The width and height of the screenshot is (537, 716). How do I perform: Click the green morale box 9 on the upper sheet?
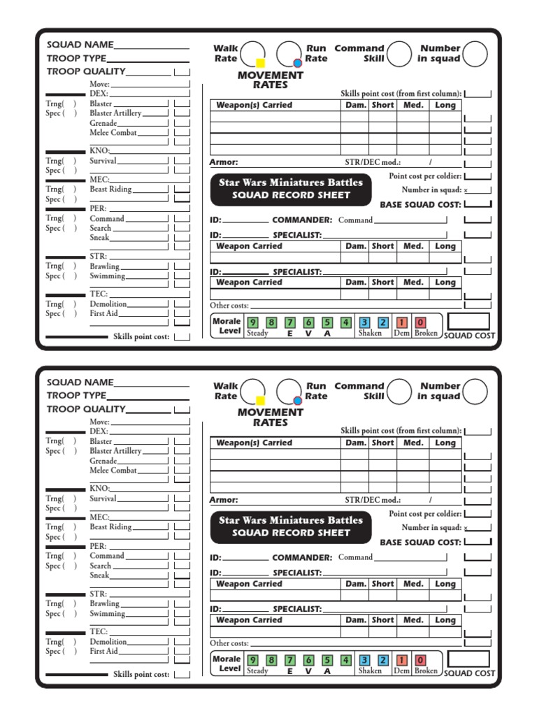[252, 322]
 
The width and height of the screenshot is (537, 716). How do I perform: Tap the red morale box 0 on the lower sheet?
[420, 660]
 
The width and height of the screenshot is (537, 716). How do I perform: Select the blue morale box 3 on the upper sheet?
[364, 322]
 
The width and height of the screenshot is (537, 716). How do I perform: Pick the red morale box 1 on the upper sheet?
[402, 322]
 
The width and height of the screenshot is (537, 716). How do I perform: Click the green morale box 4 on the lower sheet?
[345, 660]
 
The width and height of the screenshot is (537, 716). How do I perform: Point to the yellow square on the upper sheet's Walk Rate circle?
[261, 63]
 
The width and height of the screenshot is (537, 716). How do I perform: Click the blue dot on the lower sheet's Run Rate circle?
[297, 401]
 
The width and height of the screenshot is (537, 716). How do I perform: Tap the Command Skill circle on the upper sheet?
[399, 54]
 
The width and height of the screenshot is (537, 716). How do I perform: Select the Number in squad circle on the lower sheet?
[475, 392]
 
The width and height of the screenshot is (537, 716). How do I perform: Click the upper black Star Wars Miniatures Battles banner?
[290, 189]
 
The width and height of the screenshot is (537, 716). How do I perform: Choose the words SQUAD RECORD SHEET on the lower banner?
[290, 533]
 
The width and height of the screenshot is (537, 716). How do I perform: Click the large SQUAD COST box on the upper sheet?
[468, 322]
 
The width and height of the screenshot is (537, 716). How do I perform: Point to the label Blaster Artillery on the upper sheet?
[115, 113]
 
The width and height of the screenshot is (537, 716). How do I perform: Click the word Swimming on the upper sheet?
[107, 276]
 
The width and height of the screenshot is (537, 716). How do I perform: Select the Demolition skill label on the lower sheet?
[108, 642]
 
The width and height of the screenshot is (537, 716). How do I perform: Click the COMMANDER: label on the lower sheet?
[301, 557]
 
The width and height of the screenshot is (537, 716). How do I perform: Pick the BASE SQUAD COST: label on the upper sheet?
[420, 205]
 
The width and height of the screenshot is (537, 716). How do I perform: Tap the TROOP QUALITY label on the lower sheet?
[86, 409]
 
